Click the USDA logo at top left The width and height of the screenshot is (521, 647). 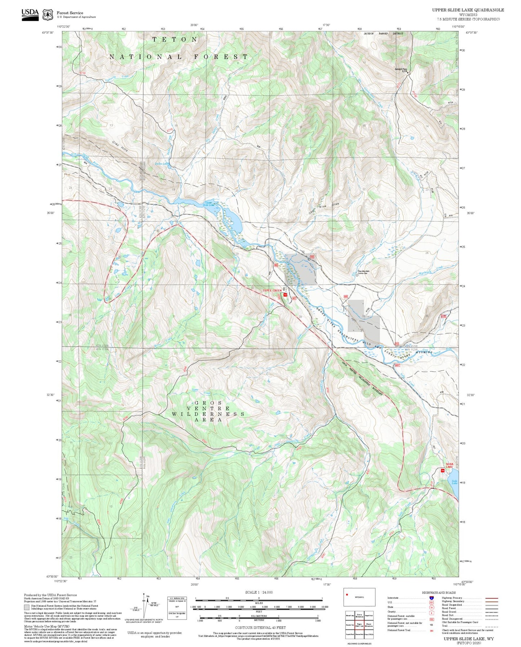click(x=30, y=14)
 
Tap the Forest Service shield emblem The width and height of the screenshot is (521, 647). click(x=48, y=15)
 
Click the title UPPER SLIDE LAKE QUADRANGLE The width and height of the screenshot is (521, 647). click(x=468, y=10)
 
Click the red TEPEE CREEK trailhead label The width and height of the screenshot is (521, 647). click(x=272, y=290)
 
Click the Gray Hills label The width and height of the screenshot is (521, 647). click(x=119, y=146)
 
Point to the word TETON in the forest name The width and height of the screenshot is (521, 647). click(x=175, y=39)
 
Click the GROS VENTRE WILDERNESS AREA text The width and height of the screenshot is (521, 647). click(x=208, y=411)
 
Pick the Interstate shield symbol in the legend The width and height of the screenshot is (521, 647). click(x=431, y=598)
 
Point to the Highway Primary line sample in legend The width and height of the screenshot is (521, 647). click(x=491, y=598)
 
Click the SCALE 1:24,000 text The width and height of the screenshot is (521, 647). click(x=259, y=592)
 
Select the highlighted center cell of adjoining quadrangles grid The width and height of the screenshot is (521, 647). click(x=359, y=624)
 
